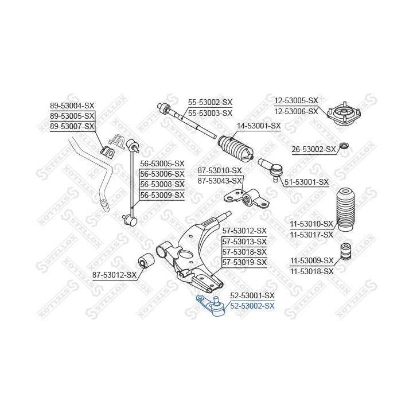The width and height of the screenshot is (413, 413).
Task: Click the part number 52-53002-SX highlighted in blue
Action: click(252, 306)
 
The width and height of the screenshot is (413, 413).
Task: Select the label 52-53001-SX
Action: click(252, 295)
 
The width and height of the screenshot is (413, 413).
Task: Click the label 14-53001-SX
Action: click(259, 126)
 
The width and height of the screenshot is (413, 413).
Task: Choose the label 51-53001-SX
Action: click(306, 182)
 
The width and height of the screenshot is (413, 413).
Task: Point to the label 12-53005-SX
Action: click(295, 100)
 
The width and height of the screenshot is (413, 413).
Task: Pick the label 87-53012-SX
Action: click(114, 275)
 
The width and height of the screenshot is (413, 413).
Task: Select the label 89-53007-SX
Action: click(72, 126)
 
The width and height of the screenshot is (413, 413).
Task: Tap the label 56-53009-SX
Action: click(162, 195)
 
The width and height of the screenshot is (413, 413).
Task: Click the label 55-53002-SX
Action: click(210, 102)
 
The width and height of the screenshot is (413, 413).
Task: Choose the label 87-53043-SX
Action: click(220, 181)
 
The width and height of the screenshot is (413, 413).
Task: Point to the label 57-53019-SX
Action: click(245, 262)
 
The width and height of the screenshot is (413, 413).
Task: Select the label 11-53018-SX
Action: click(311, 271)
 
